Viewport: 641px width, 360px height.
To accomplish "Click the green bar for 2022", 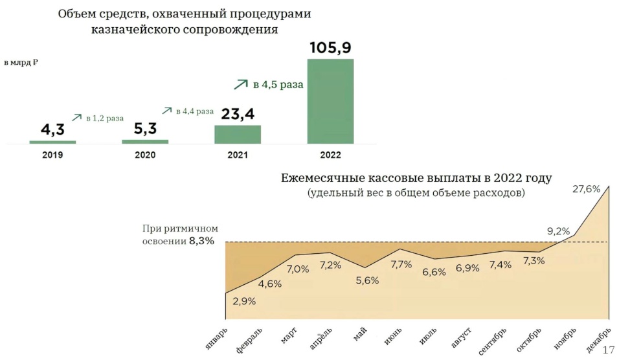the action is pyautogui.click(x=330, y=102).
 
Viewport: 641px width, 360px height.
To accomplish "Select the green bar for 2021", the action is pyautogui.click(x=238, y=135).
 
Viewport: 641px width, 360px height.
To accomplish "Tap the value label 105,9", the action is pyautogui.click(x=330, y=48).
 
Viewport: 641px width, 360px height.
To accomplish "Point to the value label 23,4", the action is pyautogui.click(x=238, y=114).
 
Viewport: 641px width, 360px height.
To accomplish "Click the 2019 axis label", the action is pyautogui.click(x=52, y=155).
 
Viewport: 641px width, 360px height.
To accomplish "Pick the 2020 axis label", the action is pyautogui.click(x=145, y=155).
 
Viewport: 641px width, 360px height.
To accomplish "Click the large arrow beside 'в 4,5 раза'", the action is pyautogui.click(x=241, y=84).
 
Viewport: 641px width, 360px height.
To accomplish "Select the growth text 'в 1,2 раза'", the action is pyautogui.click(x=105, y=118).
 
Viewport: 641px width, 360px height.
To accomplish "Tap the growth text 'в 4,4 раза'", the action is pyautogui.click(x=195, y=111).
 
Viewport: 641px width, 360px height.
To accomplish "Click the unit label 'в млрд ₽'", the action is pyautogui.click(x=21, y=63).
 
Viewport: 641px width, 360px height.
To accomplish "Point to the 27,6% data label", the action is pyautogui.click(x=586, y=189).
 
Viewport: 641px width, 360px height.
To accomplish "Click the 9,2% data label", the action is pyautogui.click(x=558, y=231).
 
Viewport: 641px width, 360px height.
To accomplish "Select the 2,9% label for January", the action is pyautogui.click(x=244, y=302).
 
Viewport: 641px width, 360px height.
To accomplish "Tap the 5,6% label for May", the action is pyautogui.click(x=367, y=281).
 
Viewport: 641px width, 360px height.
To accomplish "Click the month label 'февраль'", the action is pyautogui.click(x=249, y=340).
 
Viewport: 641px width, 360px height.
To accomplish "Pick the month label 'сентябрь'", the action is pyautogui.click(x=492, y=341).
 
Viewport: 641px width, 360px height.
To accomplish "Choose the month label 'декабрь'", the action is pyautogui.click(x=598, y=339).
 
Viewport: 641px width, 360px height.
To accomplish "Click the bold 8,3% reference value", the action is pyautogui.click(x=201, y=241).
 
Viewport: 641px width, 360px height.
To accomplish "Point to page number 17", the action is pyautogui.click(x=609, y=350).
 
